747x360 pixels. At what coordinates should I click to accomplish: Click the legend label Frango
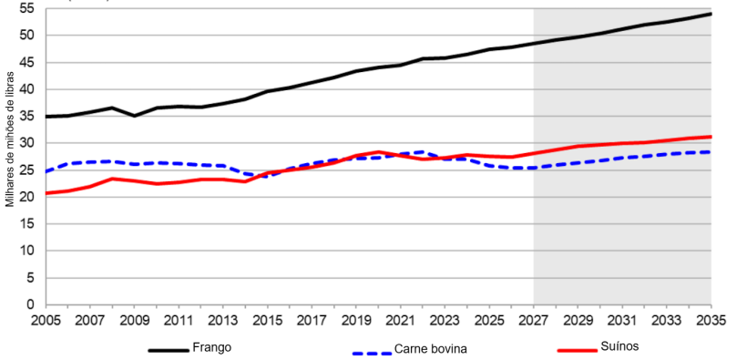[211, 347]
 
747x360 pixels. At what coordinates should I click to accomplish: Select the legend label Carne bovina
[432, 349]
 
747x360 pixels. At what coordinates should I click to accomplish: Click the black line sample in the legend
[169, 349]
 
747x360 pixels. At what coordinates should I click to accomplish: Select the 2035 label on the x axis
[711, 321]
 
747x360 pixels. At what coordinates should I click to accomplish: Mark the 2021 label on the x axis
[401, 321]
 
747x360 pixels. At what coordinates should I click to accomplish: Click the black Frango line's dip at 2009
[134, 116]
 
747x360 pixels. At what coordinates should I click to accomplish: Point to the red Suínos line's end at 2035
[711, 137]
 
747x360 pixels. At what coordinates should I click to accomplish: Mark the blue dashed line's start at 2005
[46, 171]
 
